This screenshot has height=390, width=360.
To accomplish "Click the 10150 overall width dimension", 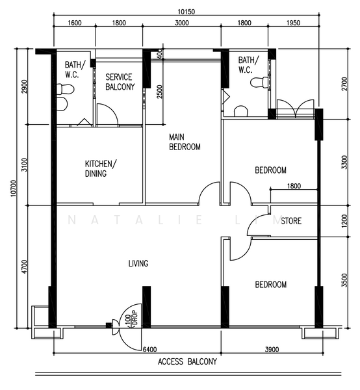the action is tap(186, 12).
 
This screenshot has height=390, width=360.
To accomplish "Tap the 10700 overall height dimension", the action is tap(13, 188).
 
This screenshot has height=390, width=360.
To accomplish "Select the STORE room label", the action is tap(291, 221).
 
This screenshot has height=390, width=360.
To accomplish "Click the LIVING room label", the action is tap(138, 263).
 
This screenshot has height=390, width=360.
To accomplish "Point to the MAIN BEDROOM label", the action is tap(185, 142).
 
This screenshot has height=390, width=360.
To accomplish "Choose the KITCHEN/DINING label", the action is tap(101, 168).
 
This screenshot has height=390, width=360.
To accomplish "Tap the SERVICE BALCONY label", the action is tap(120, 82).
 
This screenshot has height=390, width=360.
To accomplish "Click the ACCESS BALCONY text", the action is tap(187, 361).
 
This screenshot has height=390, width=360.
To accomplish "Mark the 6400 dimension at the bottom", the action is tap(149, 350).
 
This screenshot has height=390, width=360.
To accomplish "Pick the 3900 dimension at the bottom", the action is tap(272, 350).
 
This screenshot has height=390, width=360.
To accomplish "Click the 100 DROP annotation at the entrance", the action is tap(131, 318).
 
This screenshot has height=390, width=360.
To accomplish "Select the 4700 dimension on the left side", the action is tap(24, 266).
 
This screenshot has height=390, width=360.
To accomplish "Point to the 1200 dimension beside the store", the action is tap(344, 221).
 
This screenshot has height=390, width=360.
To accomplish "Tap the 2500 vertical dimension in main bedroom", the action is tap(159, 92).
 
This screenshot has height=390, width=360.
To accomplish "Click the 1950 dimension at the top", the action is tap(293, 23).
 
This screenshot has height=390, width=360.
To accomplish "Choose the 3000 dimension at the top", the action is tap(182, 23).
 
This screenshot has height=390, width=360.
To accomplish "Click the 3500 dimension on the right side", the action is tap(344, 280).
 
